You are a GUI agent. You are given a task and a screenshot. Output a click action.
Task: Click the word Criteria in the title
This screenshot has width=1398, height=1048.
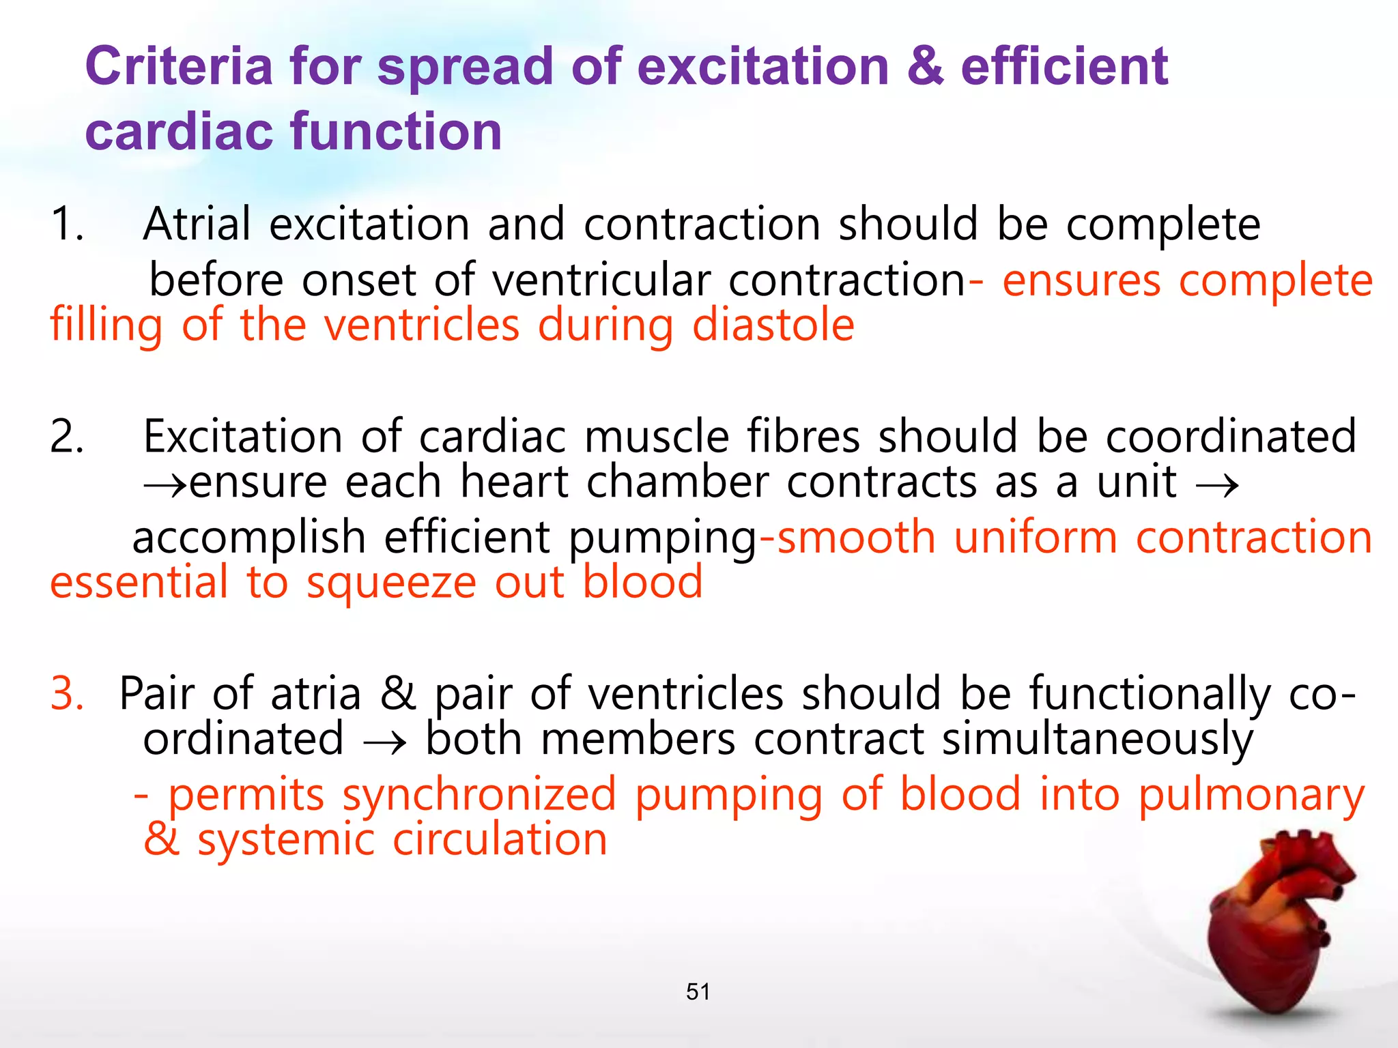(179, 67)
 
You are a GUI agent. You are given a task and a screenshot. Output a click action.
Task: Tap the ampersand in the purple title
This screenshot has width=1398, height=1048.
(925, 67)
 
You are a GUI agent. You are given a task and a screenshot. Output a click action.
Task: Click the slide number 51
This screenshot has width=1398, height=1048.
(698, 991)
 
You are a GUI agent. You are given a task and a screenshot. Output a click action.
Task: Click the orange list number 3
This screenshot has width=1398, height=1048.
(67, 694)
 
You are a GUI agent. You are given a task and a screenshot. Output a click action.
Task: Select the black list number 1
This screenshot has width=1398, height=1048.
(67, 224)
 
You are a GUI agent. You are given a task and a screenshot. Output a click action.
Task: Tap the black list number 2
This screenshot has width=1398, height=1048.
(67, 437)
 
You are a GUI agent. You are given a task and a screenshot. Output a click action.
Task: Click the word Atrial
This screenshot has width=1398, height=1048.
(197, 224)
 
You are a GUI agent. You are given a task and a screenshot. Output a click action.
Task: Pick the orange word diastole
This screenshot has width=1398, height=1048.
(773, 325)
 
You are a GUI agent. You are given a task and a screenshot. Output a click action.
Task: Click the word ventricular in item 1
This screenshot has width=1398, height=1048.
(601, 280)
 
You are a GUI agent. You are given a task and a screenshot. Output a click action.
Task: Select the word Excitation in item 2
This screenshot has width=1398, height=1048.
(243, 437)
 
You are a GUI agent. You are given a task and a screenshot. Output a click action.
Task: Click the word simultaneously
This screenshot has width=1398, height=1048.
(1098, 740)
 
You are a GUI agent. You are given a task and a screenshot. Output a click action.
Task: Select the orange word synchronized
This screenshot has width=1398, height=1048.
(479, 796)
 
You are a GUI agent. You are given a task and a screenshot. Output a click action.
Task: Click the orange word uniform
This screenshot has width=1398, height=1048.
(1036, 538)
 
